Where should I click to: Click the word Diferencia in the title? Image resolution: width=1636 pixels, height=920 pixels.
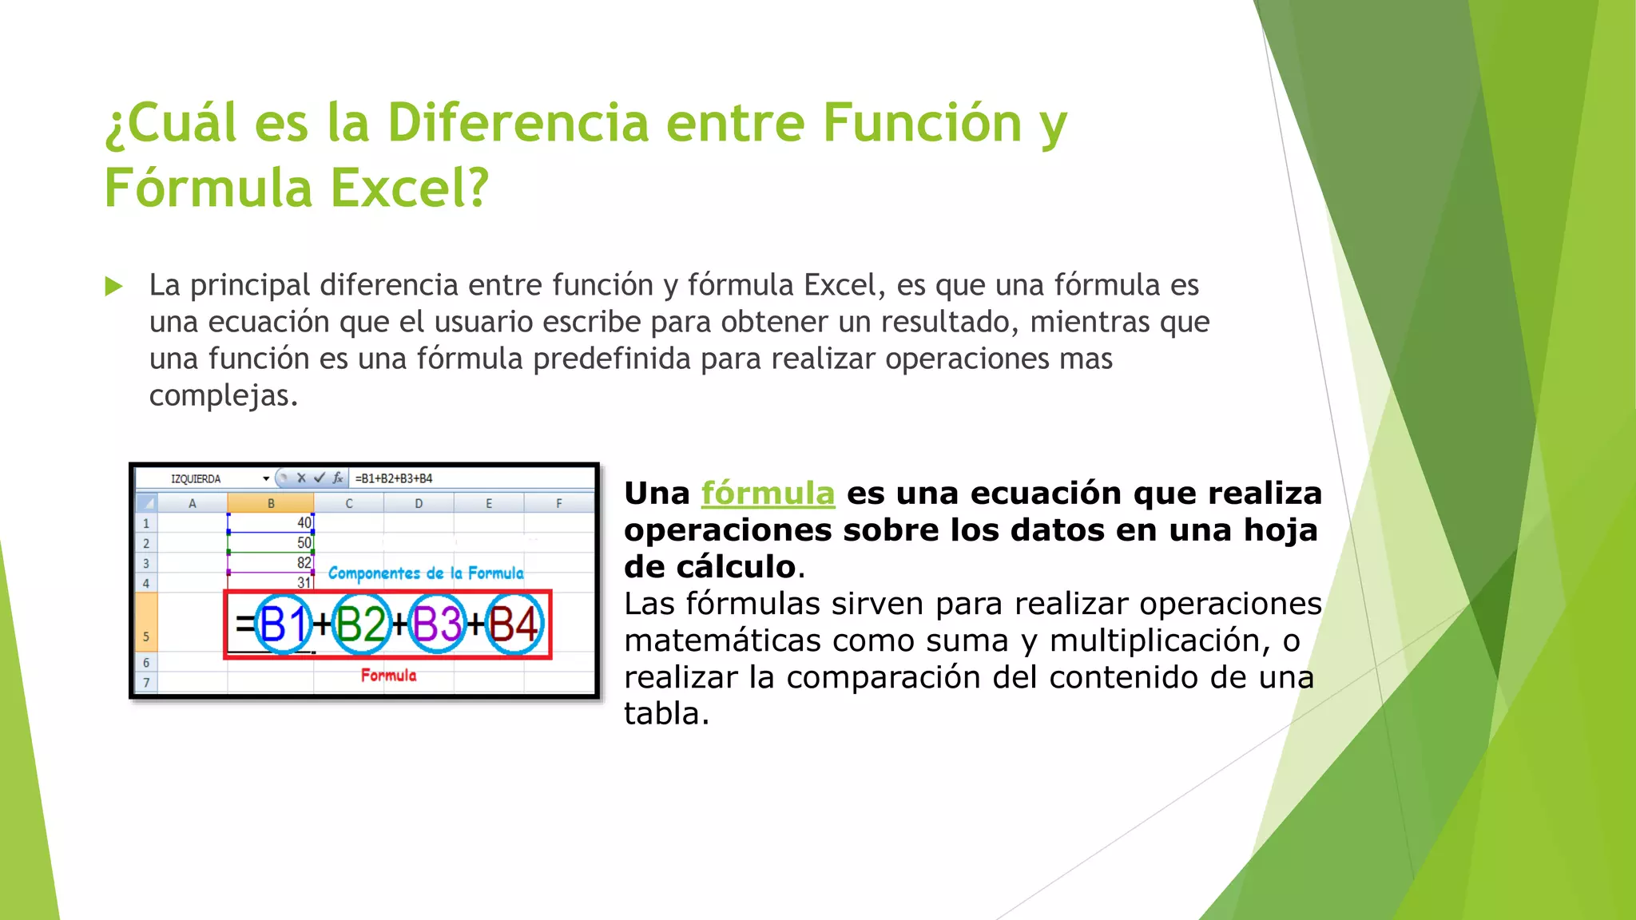518,124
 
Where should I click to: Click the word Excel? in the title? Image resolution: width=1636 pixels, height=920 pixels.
409,189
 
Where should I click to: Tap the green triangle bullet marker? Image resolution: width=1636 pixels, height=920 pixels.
114,286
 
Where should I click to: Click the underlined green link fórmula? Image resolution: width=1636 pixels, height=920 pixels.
768,494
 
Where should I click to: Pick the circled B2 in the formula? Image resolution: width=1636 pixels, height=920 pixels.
360,625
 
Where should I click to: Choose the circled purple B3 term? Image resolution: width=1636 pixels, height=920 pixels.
437,625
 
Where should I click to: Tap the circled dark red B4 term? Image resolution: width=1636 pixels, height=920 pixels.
514,625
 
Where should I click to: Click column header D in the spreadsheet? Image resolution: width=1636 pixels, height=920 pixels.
419,503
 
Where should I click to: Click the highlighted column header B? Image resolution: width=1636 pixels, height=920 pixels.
271,503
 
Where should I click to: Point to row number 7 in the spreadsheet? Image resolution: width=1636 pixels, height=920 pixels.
146,683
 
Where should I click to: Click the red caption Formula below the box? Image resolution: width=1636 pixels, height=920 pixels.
388,676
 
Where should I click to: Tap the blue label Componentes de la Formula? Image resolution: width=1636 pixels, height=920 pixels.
426,573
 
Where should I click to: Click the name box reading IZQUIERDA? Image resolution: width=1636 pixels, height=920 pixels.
196,479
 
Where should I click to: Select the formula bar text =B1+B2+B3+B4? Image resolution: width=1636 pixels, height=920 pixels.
394,478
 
